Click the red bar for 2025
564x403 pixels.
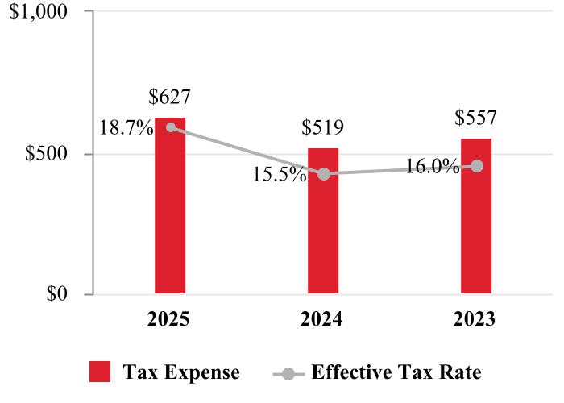[170, 206]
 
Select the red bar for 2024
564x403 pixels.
[323, 221]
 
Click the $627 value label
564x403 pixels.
[170, 98]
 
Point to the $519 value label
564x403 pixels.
[323, 127]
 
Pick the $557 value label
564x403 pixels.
[475, 118]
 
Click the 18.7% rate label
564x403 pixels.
[126, 127]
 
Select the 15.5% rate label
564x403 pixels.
[280, 174]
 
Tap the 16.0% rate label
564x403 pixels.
[433, 167]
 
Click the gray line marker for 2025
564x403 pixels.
[170, 127]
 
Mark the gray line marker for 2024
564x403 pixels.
[323, 174]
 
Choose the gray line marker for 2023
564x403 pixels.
[476, 166]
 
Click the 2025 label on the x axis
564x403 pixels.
[170, 319]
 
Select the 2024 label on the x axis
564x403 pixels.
[323, 319]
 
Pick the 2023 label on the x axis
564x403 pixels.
[476, 319]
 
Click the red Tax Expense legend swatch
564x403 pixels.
[100, 372]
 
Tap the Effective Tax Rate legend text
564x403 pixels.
[396, 372]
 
